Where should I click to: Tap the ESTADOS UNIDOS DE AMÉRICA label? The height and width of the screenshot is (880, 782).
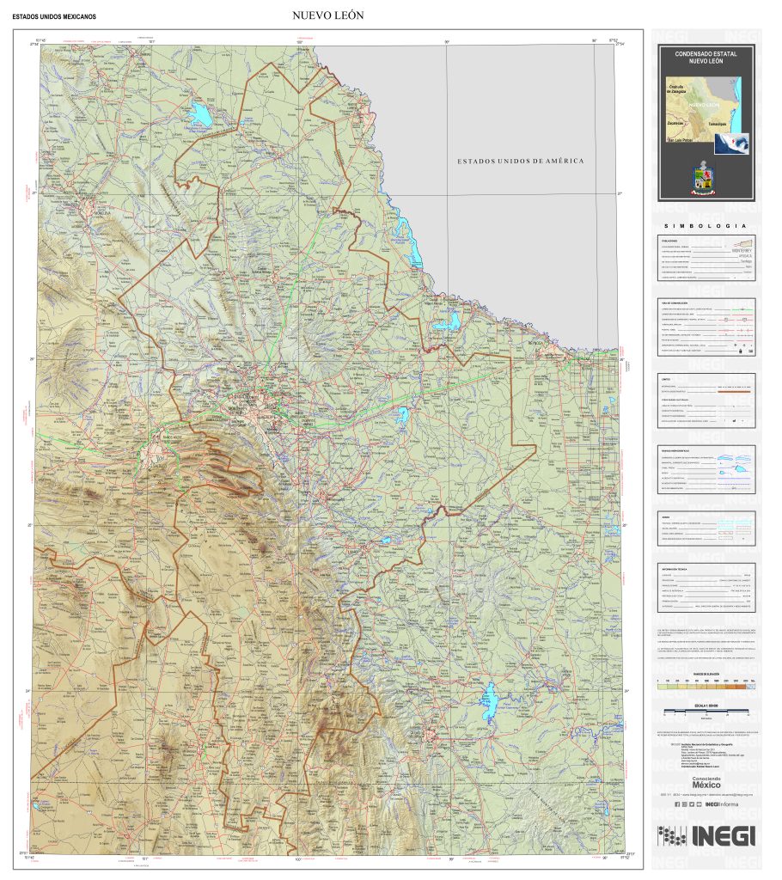point(520,161)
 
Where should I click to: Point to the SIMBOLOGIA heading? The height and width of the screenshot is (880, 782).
point(706,226)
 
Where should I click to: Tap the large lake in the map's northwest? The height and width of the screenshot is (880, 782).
point(201,113)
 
